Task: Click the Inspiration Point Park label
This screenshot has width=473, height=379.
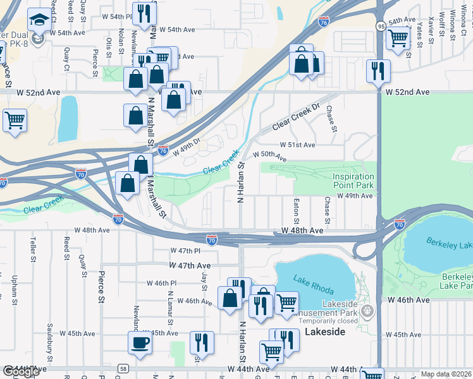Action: tap(353, 181)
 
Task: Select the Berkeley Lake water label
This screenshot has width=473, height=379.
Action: tap(449, 243)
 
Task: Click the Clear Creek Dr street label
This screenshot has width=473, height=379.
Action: tap(297, 117)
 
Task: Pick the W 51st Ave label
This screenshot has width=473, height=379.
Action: tap(298, 145)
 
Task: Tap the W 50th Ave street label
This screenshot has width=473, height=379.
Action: tap(269, 156)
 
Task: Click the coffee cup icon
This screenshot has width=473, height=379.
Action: tap(140, 344)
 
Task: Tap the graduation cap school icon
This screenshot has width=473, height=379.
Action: tap(39, 20)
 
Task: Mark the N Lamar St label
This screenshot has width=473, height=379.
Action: tap(171, 302)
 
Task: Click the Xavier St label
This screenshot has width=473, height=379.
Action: tap(431, 27)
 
